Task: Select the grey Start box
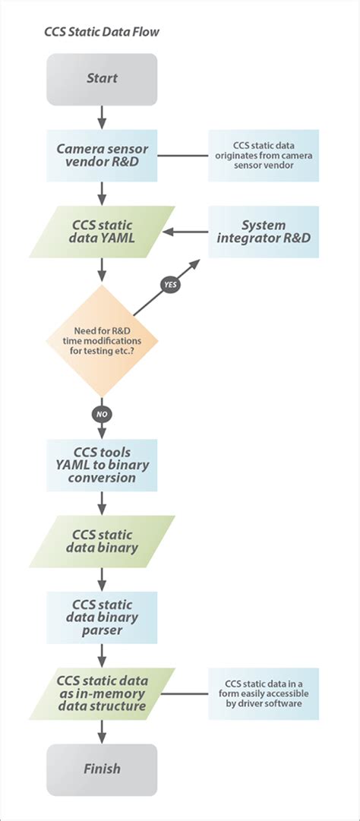pyautogui.click(x=102, y=79)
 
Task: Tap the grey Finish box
pyautogui.click(x=102, y=769)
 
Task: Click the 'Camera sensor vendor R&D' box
pyautogui.click(x=102, y=156)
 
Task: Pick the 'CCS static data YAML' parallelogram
pyautogui.click(x=102, y=233)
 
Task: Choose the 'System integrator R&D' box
pyautogui.click(x=264, y=232)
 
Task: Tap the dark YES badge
pyautogui.click(x=169, y=285)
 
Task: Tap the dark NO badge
pyautogui.click(x=102, y=414)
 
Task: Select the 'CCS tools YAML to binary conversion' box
pyautogui.click(x=102, y=464)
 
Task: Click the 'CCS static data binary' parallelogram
pyautogui.click(x=102, y=542)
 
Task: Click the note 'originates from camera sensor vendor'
pyautogui.click(x=264, y=156)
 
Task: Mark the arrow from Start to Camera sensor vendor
pyautogui.click(x=102, y=117)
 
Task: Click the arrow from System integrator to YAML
pyautogui.click(x=187, y=232)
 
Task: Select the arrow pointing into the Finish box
pyautogui.click(x=102, y=731)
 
